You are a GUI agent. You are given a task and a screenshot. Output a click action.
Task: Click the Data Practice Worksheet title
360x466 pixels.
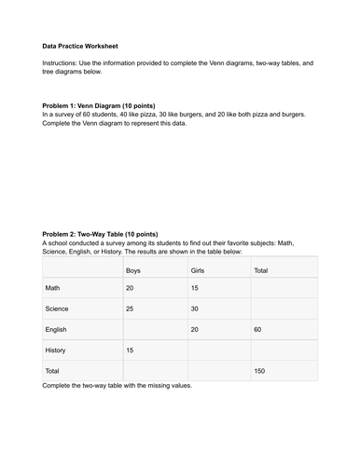(x=80, y=46)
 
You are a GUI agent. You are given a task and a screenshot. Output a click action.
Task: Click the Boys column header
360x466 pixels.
(x=133, y=269)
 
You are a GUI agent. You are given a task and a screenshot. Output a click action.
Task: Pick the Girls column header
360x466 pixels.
(x=197, y=269)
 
